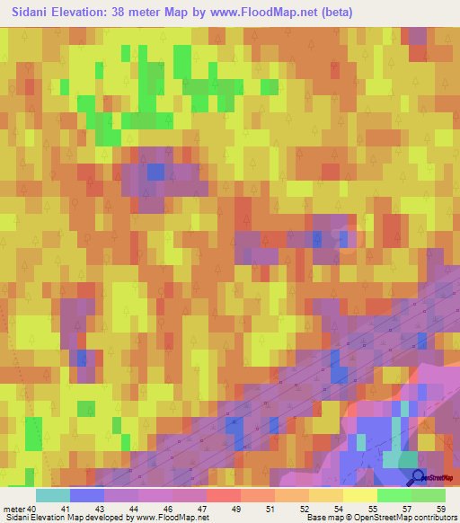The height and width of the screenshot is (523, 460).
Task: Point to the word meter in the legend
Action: coord(14,509)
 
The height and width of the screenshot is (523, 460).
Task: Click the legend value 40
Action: coord(32,509)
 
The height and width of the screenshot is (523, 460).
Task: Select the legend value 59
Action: coord(440,509)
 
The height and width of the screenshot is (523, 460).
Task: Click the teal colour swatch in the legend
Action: coord(53,495)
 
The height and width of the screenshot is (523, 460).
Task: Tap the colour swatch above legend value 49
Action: coord(223,495)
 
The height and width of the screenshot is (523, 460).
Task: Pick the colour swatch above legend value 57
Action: coord(394,495)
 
